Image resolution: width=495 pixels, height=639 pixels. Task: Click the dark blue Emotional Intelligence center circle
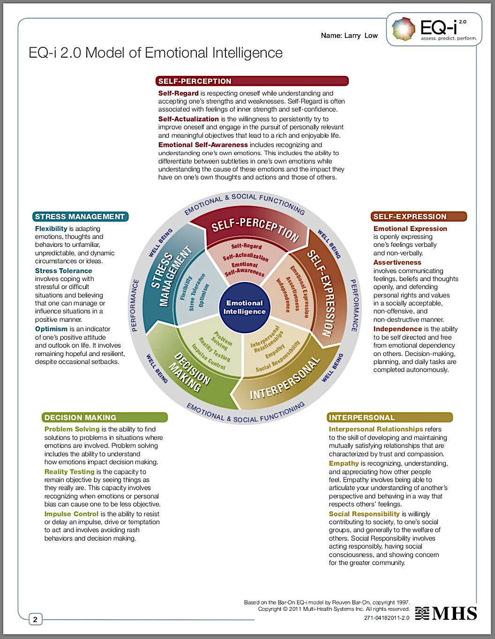tap(244, 307)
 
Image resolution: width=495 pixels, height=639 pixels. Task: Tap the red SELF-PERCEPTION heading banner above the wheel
tap(252, 81)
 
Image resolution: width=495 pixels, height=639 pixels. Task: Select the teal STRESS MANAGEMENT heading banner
tap(80, 216)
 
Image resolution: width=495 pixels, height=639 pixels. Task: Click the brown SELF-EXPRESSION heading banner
tap(419, 216)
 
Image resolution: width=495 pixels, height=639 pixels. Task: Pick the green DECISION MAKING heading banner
tap(105, 417)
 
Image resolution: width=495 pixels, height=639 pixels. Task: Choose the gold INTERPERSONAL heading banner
tap(390, 417)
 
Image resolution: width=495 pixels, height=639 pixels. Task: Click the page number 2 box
tap(35, 620)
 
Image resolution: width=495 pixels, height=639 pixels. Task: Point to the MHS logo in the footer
tap(446, 613)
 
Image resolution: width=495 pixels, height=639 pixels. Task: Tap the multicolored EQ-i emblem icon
tap(404, 29)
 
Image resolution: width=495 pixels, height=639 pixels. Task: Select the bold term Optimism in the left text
tap(51, 329)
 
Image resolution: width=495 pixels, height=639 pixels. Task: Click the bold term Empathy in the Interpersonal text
tap(344, 463)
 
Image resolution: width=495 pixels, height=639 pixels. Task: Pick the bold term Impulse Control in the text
tap(71, 514)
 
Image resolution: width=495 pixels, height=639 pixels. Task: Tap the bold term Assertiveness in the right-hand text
tap(397, 262)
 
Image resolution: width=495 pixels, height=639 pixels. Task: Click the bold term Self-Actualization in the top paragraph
tap(188, 119)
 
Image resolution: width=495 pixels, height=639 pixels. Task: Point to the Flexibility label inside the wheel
tap(186, 288)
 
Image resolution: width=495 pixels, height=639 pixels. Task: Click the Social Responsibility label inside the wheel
tap(277, 357)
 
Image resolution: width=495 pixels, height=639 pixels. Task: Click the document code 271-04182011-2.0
tap(386, 617)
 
